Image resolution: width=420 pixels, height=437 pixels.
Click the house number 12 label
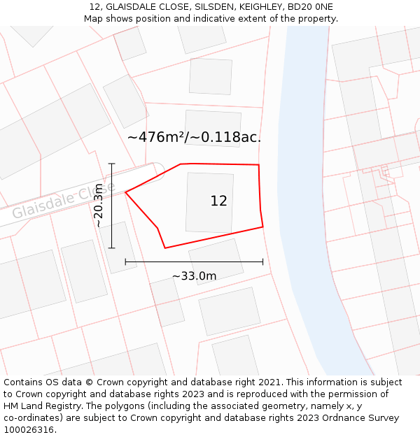point(218,201)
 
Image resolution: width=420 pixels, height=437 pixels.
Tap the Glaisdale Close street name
point(63,201)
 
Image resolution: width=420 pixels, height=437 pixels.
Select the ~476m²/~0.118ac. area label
point(194,137)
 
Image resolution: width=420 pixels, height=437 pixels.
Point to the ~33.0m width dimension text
point(194,275)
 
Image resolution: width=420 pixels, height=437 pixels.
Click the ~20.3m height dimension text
point(99,206)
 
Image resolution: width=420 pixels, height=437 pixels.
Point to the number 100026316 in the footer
point(28,430)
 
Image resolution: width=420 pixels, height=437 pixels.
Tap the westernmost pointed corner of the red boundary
point(126,192)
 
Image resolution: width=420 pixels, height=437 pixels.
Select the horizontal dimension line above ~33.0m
point(194,262)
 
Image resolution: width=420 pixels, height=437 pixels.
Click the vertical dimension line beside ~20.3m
point(111,206)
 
